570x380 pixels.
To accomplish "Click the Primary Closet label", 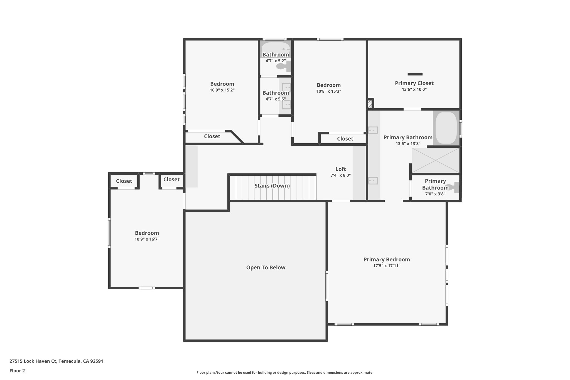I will click(x=414, y=83).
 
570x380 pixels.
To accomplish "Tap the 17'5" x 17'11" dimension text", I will click(x=387, y=266).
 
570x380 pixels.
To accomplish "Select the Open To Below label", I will click(x=266, y=268).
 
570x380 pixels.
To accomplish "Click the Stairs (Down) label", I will click(x=272, y=186).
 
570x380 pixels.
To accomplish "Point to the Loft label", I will click(x=341, y=169).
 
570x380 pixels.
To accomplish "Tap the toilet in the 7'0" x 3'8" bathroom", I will click(x=452, y=187).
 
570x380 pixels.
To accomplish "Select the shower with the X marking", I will click(x=435, y=160).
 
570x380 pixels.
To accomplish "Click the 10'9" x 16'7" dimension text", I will click(x=147, y=239).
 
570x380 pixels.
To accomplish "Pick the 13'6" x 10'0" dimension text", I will click(x=414, y=90).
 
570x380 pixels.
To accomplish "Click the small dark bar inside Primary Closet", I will click(x=415, y=74).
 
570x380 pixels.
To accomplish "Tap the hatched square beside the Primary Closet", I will click(x=370, y=104).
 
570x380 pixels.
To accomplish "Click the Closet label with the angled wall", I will click(x=212, y=136).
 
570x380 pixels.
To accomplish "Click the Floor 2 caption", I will click(x=17, y=371).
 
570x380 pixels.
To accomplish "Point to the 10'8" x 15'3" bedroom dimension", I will click(x=329, y=91).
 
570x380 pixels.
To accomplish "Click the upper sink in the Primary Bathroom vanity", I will click(x=373, y=130).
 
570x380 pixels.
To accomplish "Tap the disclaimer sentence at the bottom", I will click(x=285, y=372).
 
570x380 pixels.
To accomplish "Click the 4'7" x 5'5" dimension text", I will click(x=276, y=99).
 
